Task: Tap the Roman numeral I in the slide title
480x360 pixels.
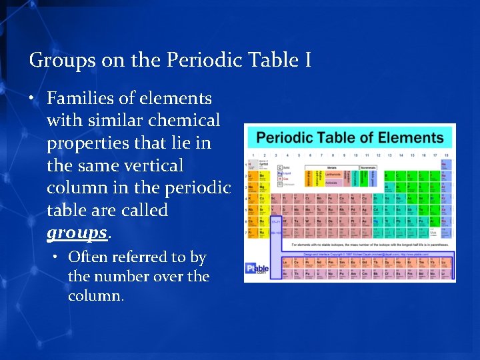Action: [x=307, y=61]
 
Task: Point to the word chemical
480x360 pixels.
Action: [x=187, y=121]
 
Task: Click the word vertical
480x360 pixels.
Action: [x=151, y=165]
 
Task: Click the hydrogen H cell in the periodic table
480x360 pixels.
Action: [x=251, y=165]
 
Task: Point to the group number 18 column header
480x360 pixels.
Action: [x=445, y=155]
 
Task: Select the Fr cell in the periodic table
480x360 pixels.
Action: [x=251, y=233]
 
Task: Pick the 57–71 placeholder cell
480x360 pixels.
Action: [x=275, y=221]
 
